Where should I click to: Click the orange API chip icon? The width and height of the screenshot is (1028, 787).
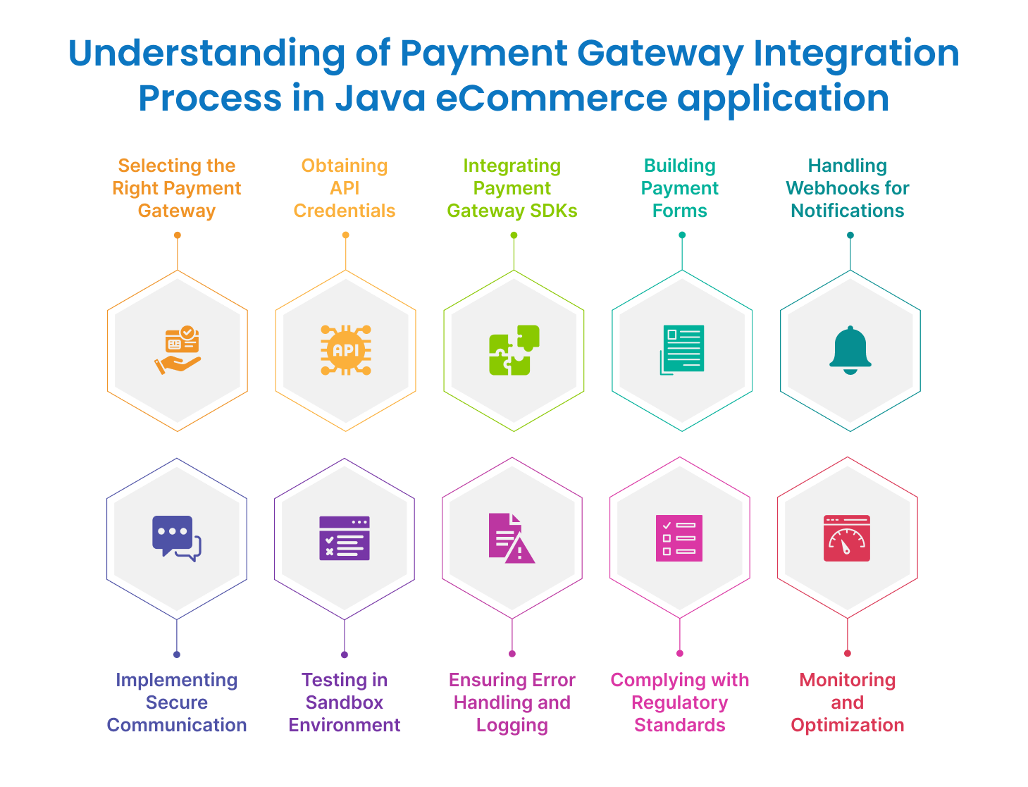345,350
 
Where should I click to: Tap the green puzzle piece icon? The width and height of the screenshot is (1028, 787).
514,350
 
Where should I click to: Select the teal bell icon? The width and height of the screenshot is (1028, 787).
850,350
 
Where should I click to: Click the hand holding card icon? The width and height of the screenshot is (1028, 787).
178,350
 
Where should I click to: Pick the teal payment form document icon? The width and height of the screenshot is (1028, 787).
682,349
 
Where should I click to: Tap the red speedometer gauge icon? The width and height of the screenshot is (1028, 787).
847,538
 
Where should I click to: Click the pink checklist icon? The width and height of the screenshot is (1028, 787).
679,538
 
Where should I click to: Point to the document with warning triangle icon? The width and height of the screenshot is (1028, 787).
512,538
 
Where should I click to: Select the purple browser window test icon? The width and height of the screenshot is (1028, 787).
345,538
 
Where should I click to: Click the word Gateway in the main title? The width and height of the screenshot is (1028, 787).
659,54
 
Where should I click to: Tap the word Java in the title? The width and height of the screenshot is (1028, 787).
380,98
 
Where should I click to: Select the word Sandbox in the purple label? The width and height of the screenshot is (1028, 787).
345,702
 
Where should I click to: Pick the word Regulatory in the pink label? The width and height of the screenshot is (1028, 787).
679,702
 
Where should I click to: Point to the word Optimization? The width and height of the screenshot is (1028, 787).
847,725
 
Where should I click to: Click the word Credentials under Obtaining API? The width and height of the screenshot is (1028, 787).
345,211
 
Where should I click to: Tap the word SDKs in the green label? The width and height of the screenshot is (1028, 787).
554,211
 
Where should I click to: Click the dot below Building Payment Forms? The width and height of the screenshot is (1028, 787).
682,235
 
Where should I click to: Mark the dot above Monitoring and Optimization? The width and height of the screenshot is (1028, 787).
848,653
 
